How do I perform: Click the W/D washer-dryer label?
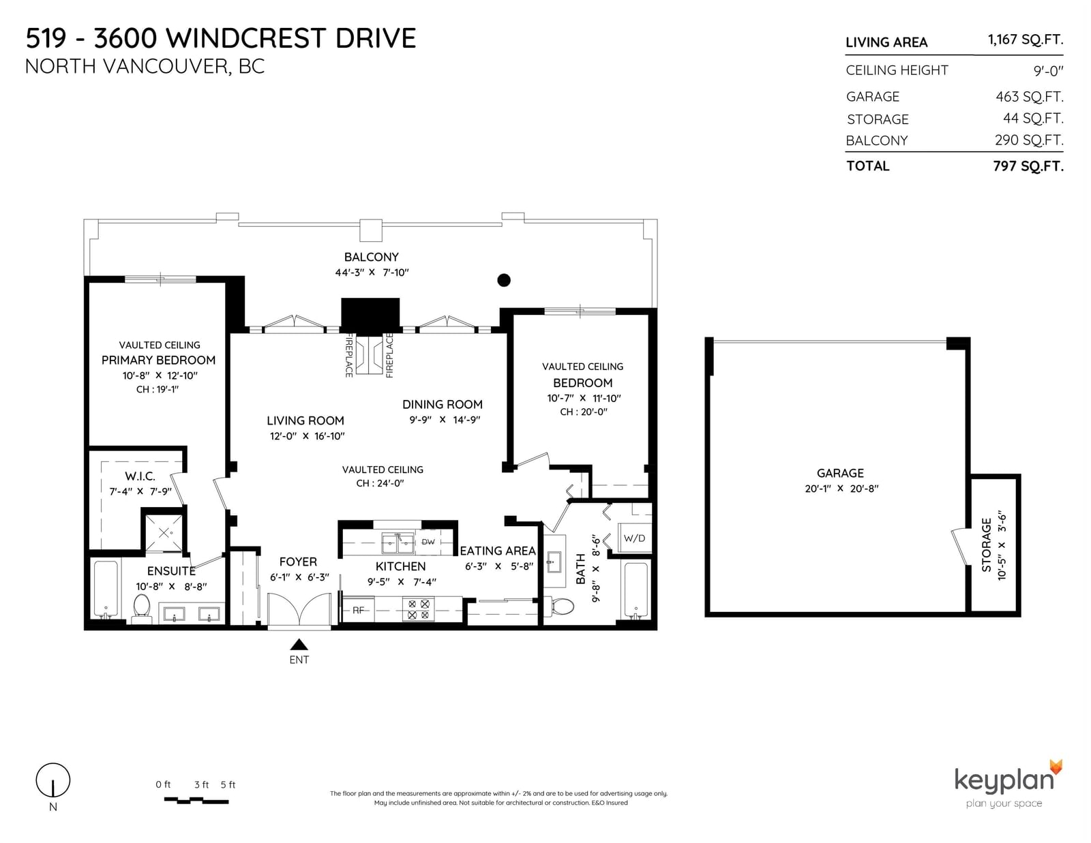pos(634,538)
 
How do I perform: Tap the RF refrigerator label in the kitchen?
pos(358,610)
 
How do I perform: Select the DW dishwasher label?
pos(428,542)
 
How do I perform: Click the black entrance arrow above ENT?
pos(299,644)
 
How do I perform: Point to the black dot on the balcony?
pos(504,280)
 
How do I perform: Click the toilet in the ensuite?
pos(142,608)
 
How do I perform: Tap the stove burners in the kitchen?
pos(418,609)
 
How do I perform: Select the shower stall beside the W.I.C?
pos(164,532)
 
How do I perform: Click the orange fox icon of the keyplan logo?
pos(1056,767)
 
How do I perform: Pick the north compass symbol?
pos(53,780)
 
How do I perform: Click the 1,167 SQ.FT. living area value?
pos(1026,40)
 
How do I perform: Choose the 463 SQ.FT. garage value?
pos(1029,96)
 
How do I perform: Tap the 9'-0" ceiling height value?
pos(1048,71)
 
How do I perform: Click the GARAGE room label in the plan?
pos(840,473)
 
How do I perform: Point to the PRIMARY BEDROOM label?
pos(158,361)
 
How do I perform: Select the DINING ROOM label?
pos(443,404)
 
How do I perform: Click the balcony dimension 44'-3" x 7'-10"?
pos(372,273)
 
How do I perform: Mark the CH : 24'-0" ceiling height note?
pos(380,483)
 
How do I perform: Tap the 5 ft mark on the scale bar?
pos(228,785)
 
